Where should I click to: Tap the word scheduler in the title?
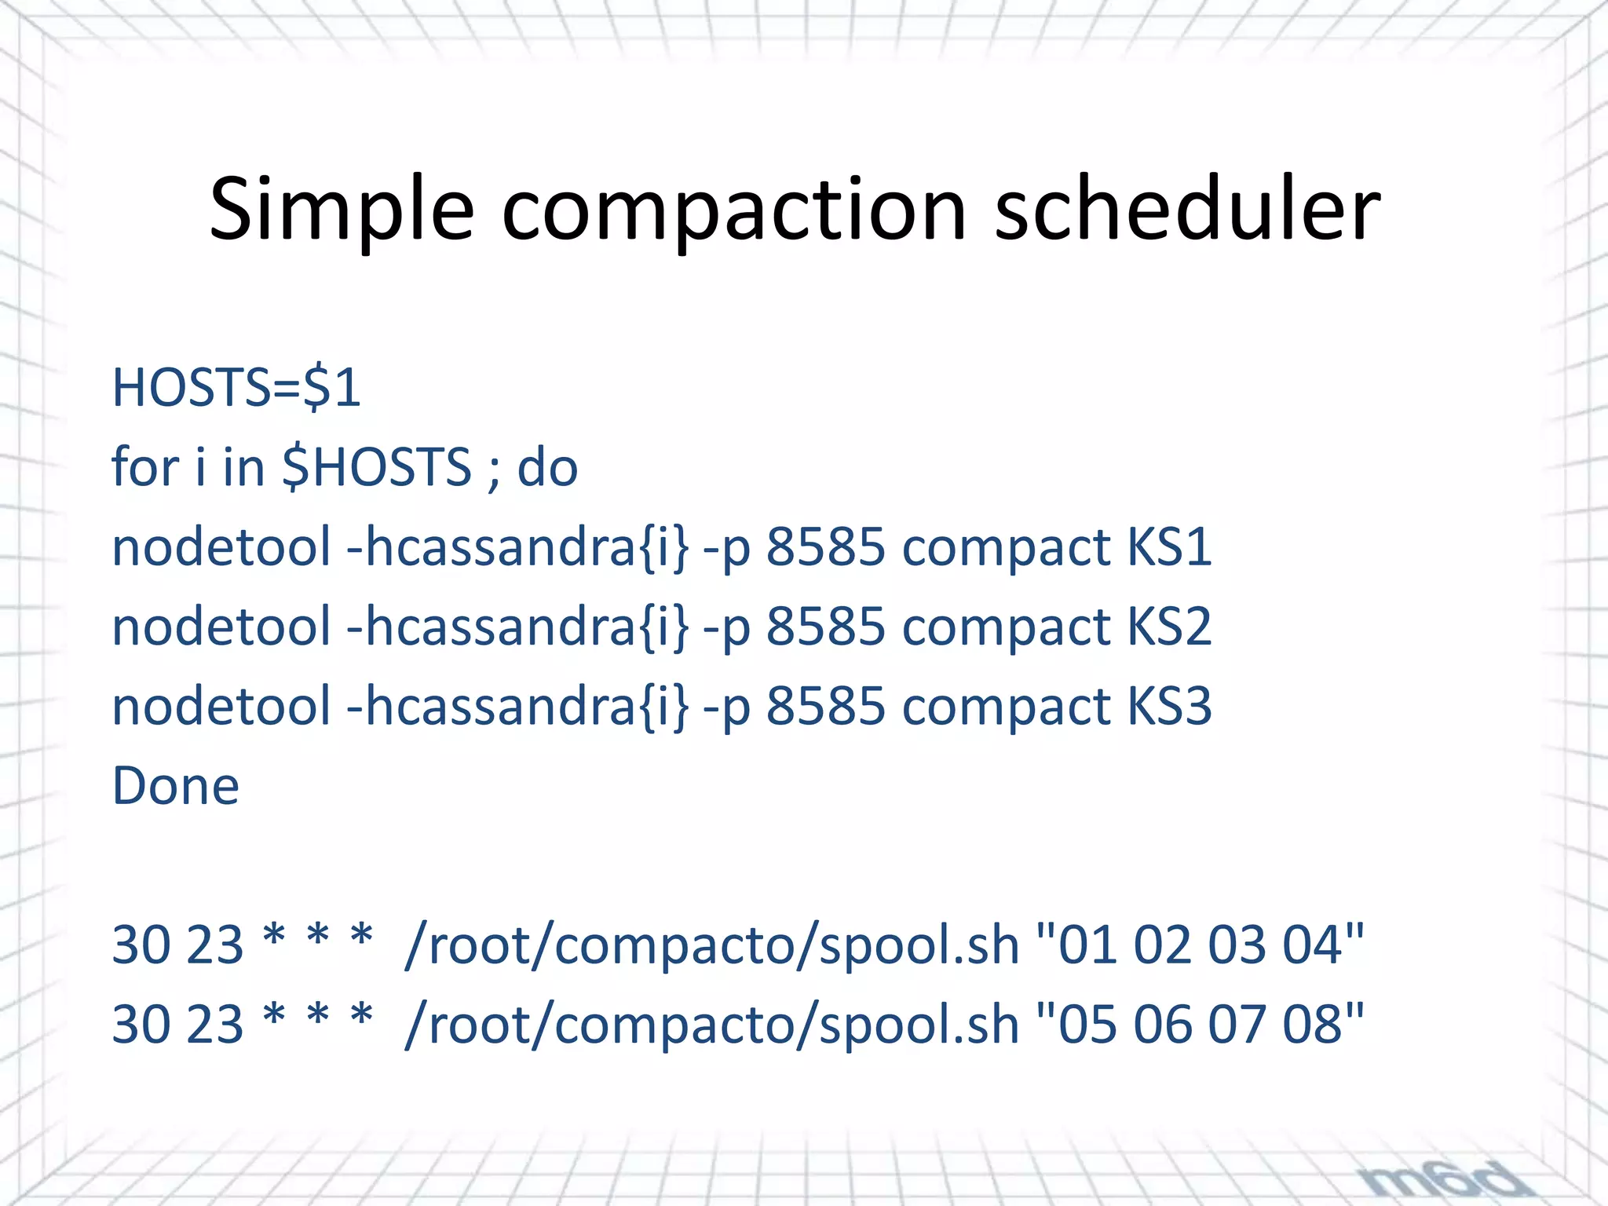tap(1186, 209)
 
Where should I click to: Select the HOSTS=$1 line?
tap(236, 388)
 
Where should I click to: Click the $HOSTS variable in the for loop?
tap(376, 467)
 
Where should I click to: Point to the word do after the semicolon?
tap(547, 467)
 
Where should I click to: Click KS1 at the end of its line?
tap(1168, 546)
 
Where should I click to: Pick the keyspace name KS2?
tap(1168, 627)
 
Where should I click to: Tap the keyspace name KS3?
tap(1168, 706)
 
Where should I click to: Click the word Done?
tap(175, 786)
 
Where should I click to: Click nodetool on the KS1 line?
tap(221, 546)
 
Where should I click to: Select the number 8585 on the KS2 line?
tap(825, 627)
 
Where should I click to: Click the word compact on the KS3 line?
tap(1006, 706)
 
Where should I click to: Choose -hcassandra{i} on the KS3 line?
tap(518, 706)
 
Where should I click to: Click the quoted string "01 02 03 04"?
tap(1201, 945)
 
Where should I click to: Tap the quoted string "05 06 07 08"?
tap(1201, 1025)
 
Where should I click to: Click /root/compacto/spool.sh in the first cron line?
tap(711, 945)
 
